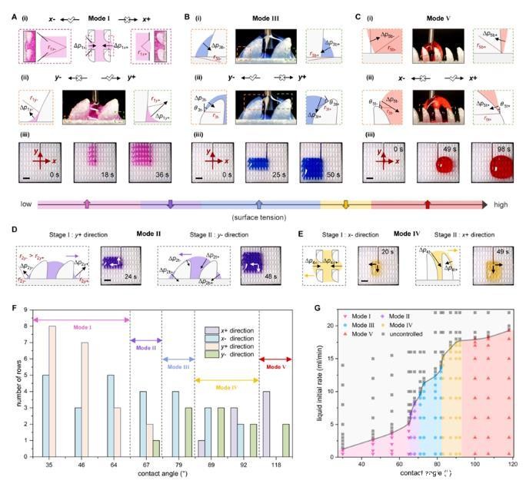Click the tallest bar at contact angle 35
[53, 392]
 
